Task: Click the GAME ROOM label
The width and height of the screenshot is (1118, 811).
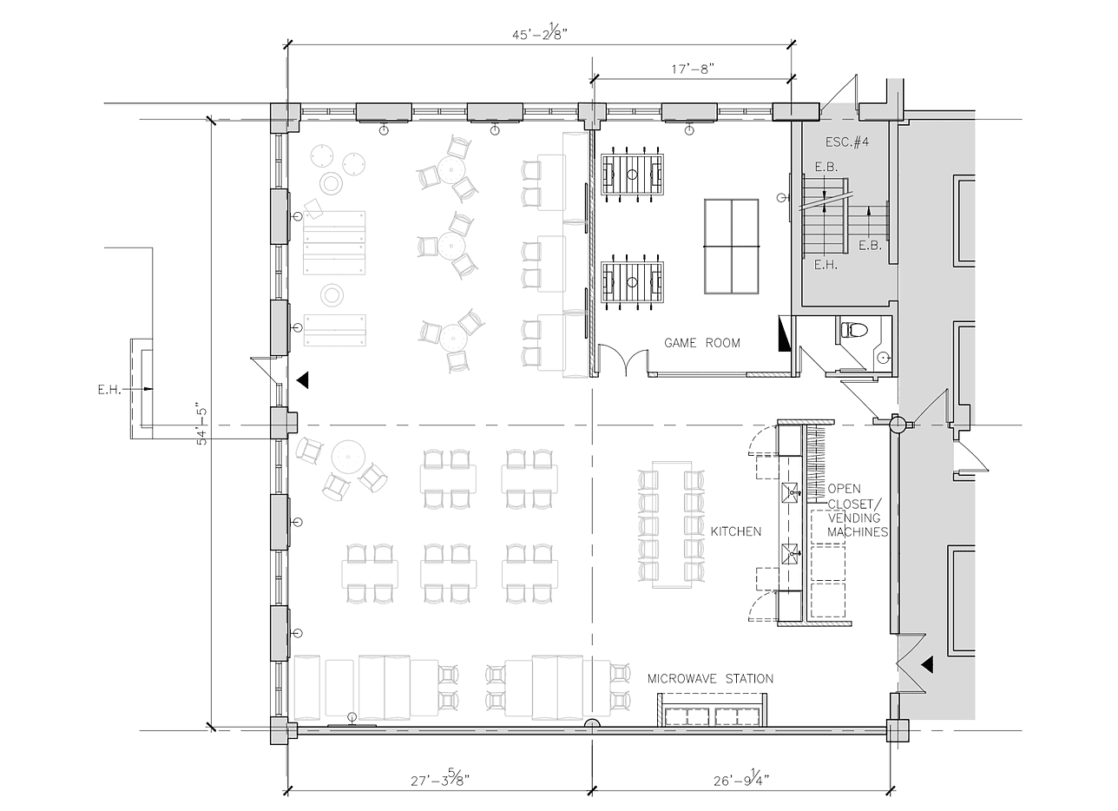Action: tap(702, 343)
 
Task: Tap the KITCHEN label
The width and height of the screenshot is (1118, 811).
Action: tap(735, 531)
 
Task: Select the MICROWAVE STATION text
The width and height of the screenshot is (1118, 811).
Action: tap(710, 678)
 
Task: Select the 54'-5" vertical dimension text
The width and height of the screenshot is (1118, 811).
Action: tap(202, 423)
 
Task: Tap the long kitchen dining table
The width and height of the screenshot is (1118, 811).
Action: tap(671, 526)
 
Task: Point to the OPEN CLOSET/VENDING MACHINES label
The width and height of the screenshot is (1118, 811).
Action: tap(857, 510)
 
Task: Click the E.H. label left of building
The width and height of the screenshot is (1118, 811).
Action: tap(109, 390)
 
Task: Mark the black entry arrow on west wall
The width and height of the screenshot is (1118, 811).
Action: tap(301, 379)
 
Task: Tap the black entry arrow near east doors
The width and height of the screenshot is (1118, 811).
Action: tap(926, 665)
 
